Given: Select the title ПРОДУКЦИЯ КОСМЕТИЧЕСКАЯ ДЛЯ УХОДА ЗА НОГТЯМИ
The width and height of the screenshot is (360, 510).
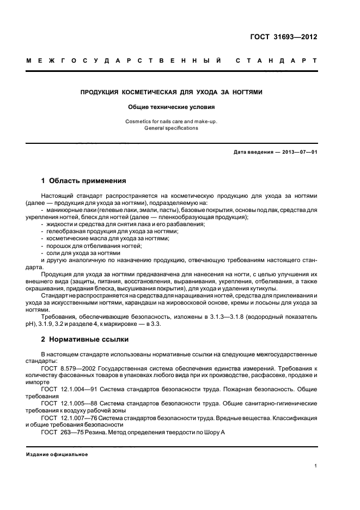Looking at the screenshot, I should (172, 92).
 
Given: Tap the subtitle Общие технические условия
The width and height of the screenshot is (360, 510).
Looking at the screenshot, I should (172, 107).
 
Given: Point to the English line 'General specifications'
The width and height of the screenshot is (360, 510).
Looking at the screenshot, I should (172, 128).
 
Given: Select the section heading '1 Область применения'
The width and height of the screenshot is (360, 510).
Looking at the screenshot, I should (84, 180).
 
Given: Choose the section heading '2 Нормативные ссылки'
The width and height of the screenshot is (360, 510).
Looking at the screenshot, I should (85, 339).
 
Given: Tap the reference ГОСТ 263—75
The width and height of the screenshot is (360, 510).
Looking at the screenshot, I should (62, 433).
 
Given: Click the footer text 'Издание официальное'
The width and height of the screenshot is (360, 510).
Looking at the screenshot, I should (57, 454).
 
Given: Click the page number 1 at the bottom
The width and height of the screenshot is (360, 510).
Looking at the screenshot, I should (316, 466).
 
